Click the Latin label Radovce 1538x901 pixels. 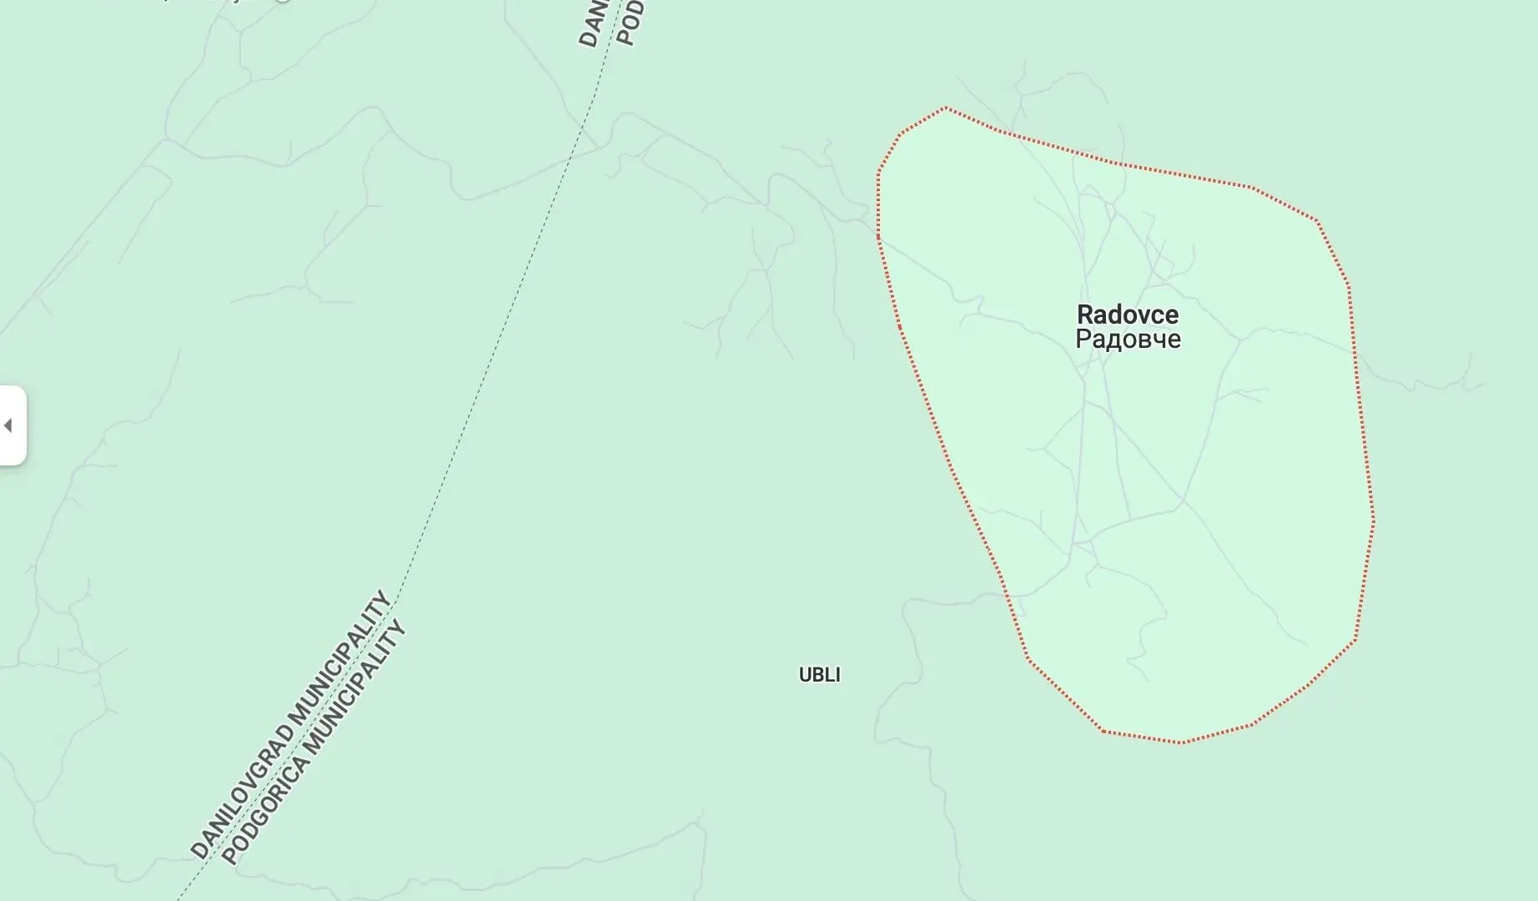pyautogui.click(x=1128, y=315)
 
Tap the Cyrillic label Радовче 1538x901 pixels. pyautogui.click(x=1128, y=340)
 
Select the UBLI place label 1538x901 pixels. pyautogui.click(x=819, y=675)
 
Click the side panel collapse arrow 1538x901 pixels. pyautogui.click(x=8, y=425)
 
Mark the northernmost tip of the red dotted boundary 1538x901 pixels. pyautogui.click(x=945, y=108)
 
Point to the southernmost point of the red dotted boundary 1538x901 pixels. pyautogui.click(x=1180, y=742)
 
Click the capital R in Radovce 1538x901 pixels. pyautogui.click(x=1085, y=315)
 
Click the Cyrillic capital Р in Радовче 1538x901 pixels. pyautogui.click(x=1083, y=340)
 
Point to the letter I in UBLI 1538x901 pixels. pyautogui.click(x=837, y=675)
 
